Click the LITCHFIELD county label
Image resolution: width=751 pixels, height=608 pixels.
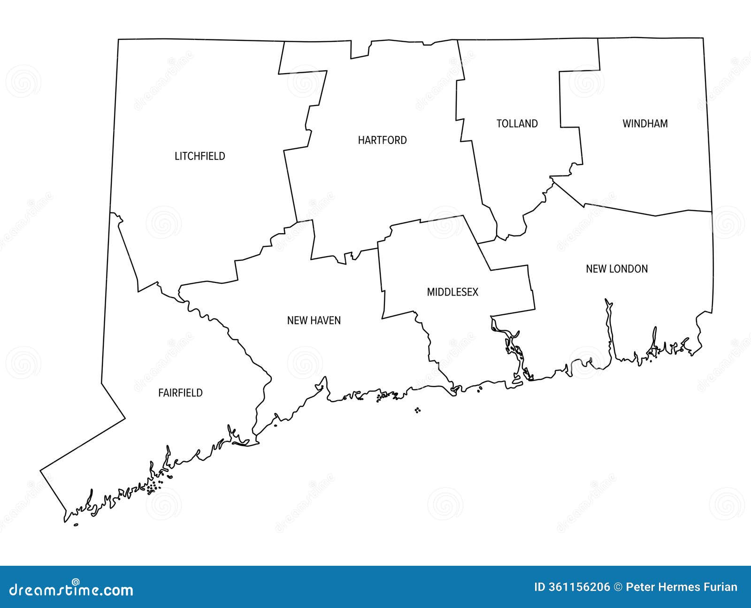200,156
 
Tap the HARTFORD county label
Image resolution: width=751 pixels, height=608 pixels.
382,140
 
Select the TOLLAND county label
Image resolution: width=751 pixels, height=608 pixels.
517,124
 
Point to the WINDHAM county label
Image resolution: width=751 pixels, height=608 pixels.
645,124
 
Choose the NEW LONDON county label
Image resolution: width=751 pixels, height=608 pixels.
617,269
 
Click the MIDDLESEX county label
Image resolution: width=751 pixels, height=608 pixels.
452,292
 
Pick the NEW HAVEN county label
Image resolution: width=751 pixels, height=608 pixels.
314,320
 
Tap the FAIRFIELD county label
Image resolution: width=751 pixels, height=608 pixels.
180,393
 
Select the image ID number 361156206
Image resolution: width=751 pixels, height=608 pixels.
573,587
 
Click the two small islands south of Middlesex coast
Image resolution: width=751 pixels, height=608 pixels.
417,410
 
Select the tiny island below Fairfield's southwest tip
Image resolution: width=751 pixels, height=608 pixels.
76,525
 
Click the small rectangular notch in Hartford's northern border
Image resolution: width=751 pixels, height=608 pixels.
360,49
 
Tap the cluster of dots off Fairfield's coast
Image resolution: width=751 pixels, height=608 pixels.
153,487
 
